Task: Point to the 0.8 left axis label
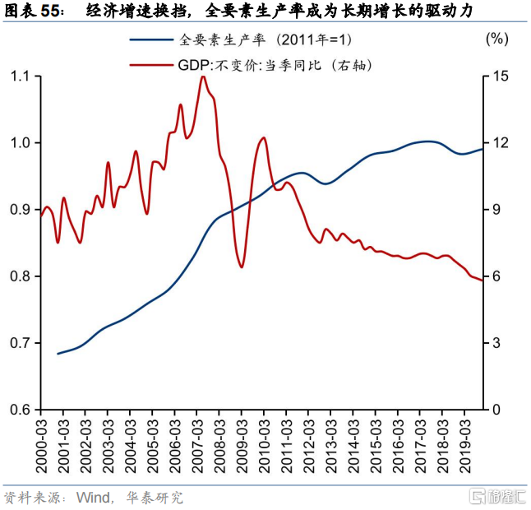[20, 276]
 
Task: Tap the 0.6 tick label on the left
[20, 410]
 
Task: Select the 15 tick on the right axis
[501, 76]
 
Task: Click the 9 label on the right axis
[496, 210]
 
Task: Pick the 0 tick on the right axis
[496, 410]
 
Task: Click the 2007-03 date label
[197, 447]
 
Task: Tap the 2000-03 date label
[41, 447]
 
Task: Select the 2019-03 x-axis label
[465, 447]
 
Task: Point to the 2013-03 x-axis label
[331, 447]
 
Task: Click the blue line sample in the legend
[151, 40]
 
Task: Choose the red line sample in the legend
[151, 65]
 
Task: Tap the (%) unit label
[496, 39]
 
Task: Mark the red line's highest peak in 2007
[203, 76]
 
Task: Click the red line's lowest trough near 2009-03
[242, 267]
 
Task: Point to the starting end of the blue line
[58, 354]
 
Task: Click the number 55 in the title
[51, 12]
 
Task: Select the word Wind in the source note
[93, 498]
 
